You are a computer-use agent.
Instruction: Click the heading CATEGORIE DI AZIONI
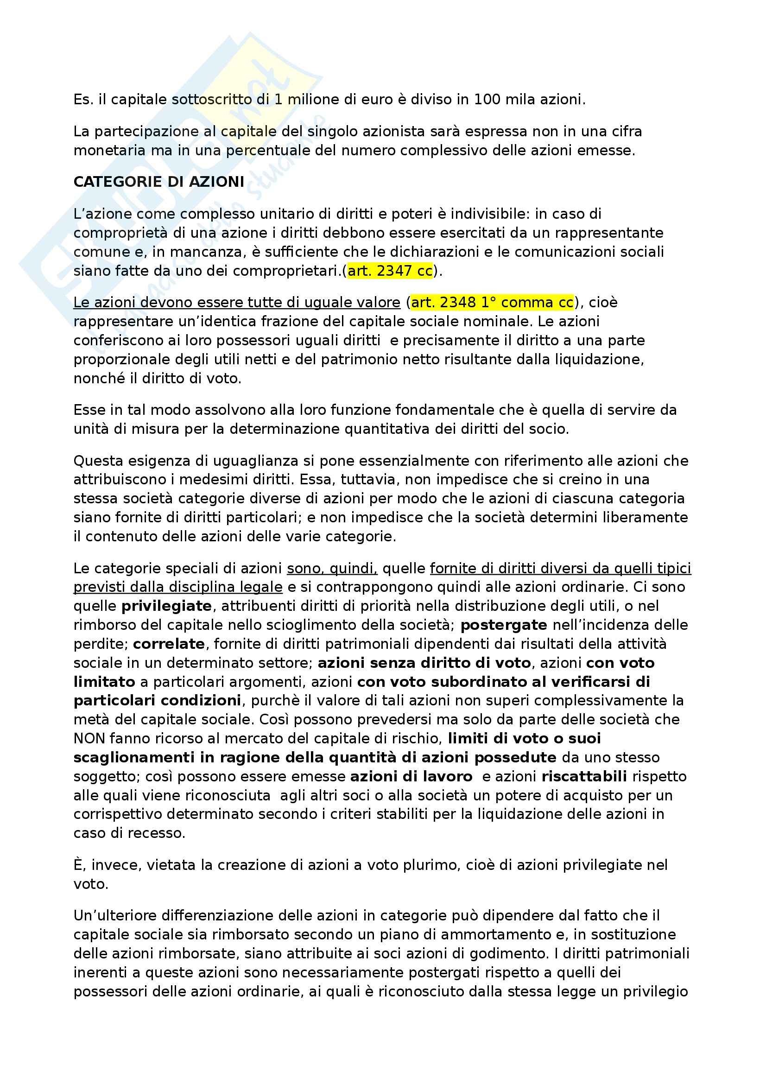158,182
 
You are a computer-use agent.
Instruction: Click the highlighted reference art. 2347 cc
390,271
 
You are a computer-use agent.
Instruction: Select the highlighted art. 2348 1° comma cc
492,302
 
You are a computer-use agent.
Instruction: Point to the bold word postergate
504,625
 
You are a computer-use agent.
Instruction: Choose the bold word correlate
169,644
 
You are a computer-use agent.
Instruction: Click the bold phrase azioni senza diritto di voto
424,663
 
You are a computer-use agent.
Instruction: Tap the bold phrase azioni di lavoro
411,777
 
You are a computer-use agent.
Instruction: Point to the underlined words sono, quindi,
332,569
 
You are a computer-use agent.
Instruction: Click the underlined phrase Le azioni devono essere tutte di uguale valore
236,302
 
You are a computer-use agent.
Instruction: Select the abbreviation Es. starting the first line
83,100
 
